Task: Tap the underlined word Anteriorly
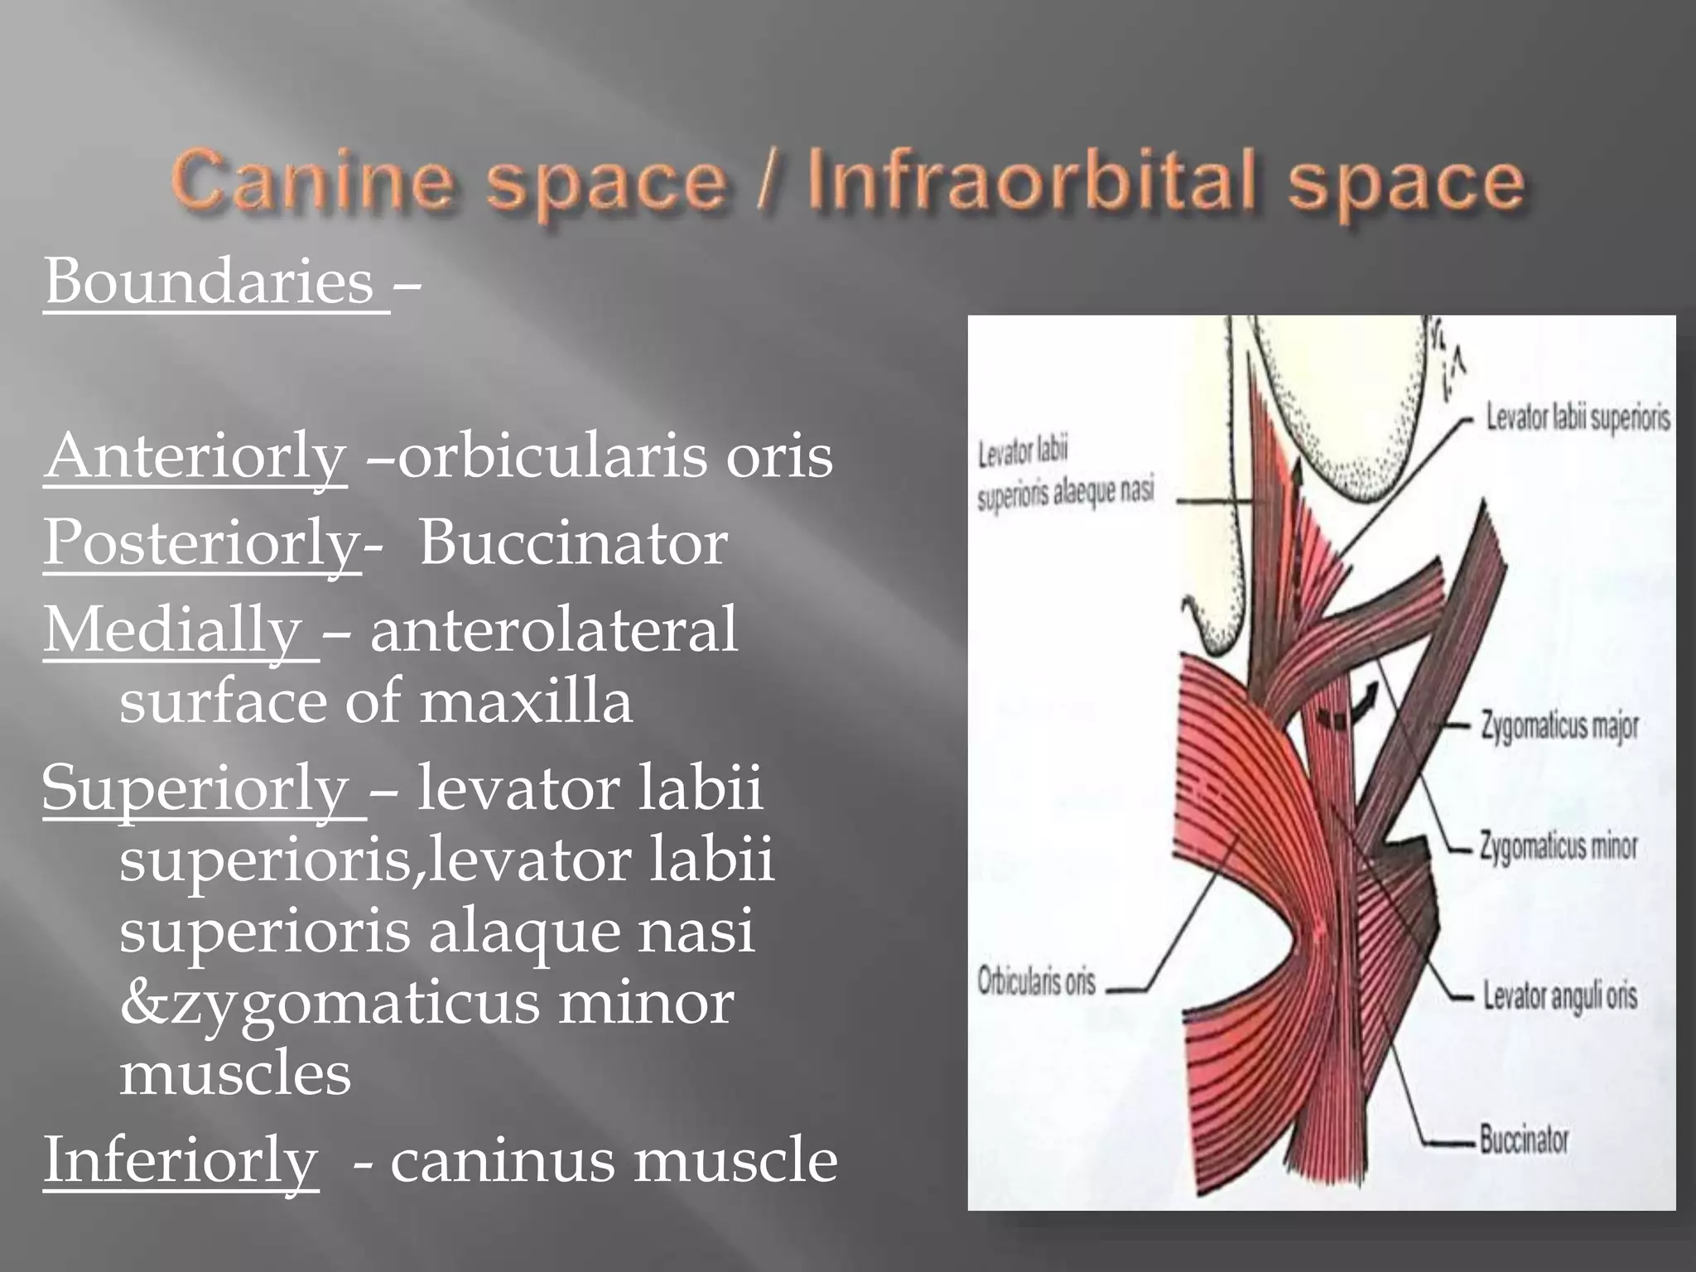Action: pos(195,456)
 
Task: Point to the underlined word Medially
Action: pos(173,630)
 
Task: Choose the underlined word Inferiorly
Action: pos(181,1159)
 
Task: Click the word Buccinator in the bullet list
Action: pos(573,543)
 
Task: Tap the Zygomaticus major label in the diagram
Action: pos(1559,726)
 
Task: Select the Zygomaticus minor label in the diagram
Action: pos(1559,846)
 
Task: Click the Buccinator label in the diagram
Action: pos(1524,1140)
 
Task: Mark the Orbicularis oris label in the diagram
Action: pos(1036,982)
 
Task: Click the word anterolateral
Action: pos(553,630)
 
